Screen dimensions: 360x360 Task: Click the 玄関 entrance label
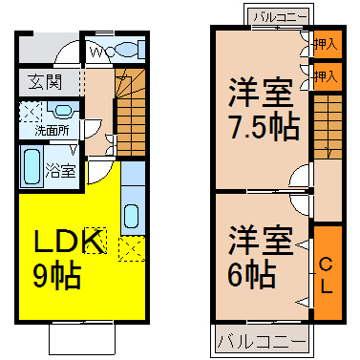45,82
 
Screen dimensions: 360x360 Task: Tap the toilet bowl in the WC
125,51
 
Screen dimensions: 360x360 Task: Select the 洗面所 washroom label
52,131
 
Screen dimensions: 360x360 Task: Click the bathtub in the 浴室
32,166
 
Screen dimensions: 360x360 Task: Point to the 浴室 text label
61,171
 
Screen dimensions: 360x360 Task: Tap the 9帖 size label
57,275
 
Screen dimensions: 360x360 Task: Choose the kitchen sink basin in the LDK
131,216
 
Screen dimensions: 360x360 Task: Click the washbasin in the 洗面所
62,112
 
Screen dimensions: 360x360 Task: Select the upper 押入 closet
328,44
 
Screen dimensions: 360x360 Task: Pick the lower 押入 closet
328,76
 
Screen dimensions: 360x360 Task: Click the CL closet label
326,276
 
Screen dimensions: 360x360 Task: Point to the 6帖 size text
251,275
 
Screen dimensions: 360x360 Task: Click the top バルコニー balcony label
280,17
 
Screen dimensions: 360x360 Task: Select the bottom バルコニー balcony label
261,342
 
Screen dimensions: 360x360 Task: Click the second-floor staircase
328,127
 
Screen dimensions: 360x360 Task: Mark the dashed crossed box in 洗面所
31,112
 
